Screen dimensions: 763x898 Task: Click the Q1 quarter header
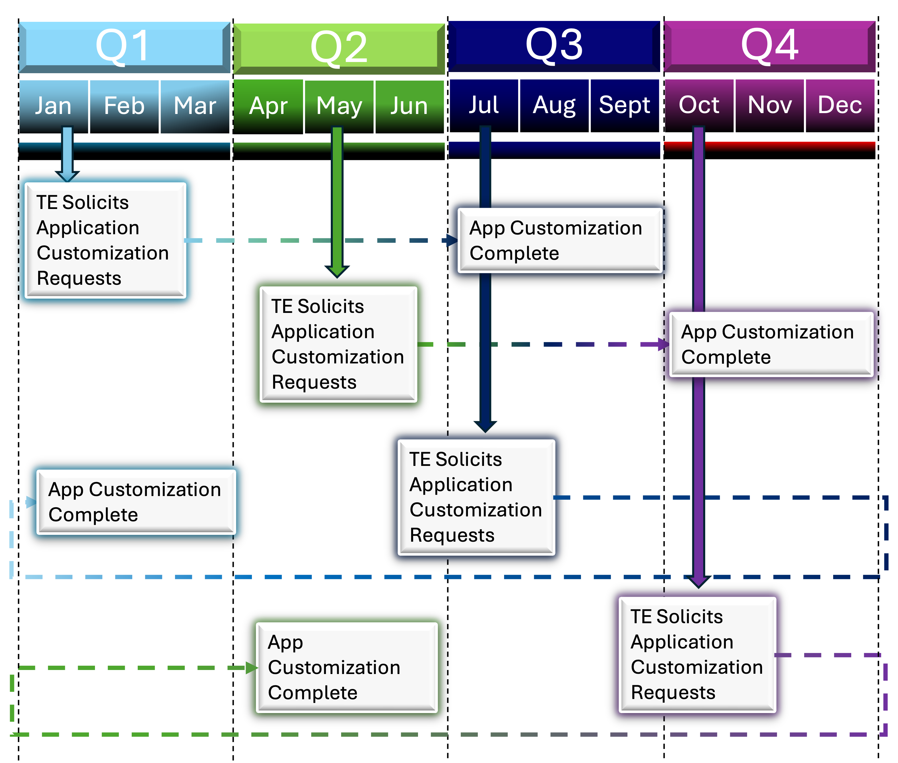(x=124, y=47)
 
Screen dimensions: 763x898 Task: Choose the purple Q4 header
(x=769, y=46)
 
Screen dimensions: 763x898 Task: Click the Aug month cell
(x=554, y=106)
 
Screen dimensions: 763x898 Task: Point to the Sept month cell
(x=625, y=106)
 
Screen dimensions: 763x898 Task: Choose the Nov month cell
(x=769, y=106)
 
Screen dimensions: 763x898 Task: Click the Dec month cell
(x=840, y=106)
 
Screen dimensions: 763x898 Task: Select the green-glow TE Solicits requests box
(x=338, y=344)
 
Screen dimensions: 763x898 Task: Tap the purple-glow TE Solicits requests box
(x=697, y=654)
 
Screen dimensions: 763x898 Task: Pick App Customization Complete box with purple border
(x=771, y=344)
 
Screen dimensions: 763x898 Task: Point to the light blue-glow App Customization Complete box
(x=136, y=502)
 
